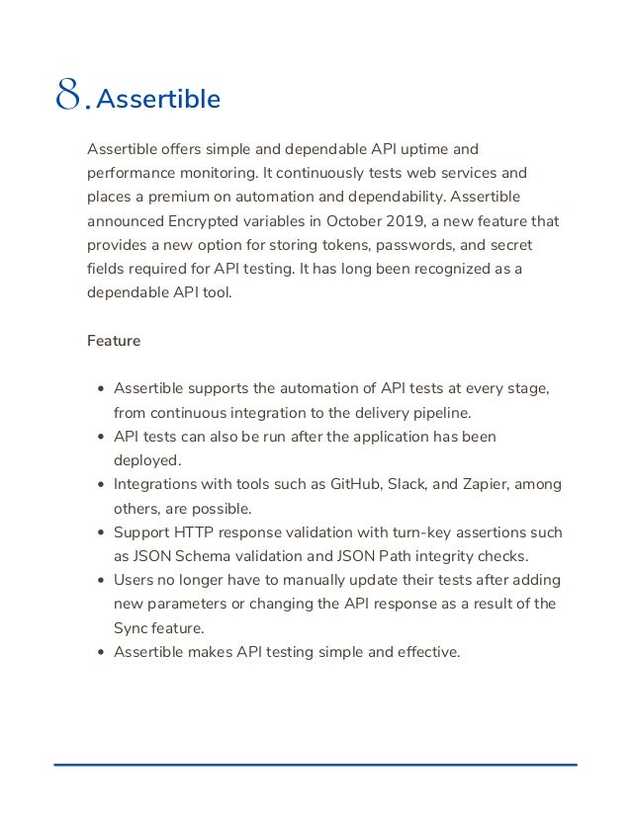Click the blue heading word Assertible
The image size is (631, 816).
pos(160,100)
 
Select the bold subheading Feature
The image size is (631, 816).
pos(114,341)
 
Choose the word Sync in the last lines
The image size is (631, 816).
pos(132,628)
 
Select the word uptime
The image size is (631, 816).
pos(422,149)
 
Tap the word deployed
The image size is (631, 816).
pos(148,460)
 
